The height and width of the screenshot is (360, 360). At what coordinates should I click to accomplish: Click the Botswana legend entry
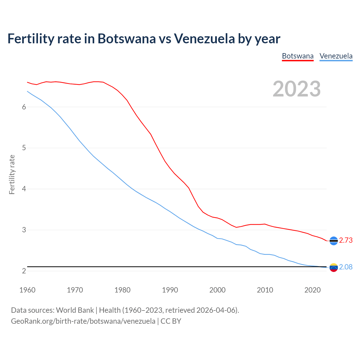point(298,56)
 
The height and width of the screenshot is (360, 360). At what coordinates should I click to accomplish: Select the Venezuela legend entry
point(336,56)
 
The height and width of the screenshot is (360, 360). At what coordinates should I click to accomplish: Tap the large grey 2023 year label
point(297,89)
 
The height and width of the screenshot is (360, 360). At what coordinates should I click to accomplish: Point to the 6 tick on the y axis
point(24,107)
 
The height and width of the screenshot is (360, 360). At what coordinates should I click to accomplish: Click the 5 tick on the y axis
point(24,148)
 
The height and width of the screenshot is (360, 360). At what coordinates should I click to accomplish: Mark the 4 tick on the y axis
point(24,189)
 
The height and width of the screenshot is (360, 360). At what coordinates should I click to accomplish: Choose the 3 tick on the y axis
point(24,230)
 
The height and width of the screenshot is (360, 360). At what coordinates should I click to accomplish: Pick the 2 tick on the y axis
point(24,271)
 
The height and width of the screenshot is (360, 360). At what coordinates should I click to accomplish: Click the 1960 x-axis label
point(27,290)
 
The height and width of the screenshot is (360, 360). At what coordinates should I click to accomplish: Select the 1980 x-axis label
point(122,290)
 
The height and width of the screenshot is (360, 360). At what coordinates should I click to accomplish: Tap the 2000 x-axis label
point(217,290)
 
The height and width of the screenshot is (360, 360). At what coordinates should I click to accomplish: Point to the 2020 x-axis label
point(312,290)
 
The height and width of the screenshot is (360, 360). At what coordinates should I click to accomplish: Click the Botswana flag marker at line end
point(334,241)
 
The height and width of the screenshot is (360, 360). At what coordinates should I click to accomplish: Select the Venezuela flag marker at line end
point(334,267)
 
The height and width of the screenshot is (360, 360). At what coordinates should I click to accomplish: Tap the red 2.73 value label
point(346,240)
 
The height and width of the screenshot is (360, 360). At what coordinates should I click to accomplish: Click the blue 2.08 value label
point(346,267)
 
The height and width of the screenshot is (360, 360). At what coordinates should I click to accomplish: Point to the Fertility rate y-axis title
point(12,174)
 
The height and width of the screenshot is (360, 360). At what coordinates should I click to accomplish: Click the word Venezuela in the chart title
point(204,39)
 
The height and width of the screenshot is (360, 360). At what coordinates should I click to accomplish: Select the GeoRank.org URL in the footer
point(83,321)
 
